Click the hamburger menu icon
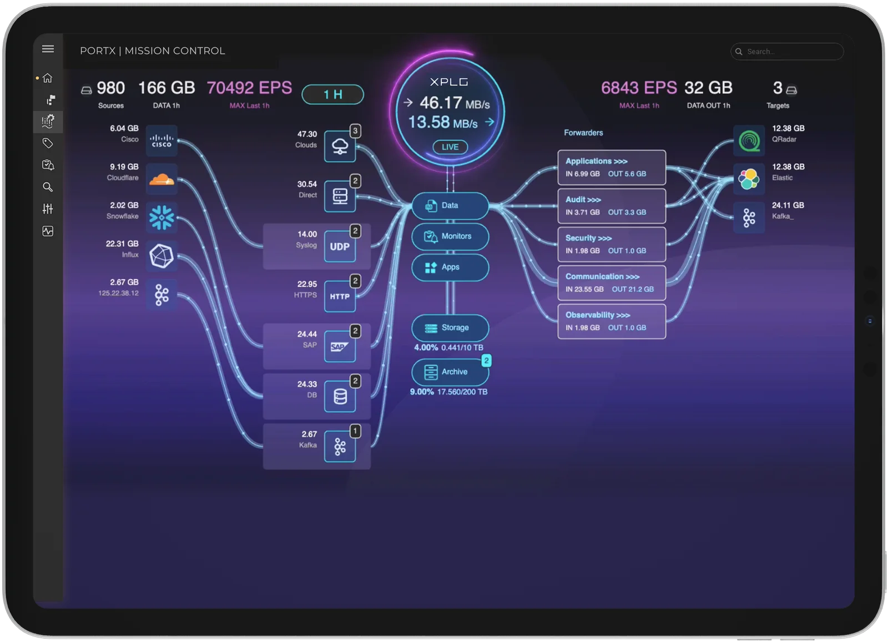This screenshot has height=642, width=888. pos(48,49)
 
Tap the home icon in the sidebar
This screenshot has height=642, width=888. pos(48,78)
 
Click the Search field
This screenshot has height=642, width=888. pos(787,52)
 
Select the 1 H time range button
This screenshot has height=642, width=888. pos(332,94)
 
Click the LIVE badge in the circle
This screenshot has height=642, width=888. pos(450,147)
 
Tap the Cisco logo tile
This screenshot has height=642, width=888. pos(162,141)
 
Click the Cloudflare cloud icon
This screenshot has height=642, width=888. pos(162,179)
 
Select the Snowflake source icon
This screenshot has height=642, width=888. pos(162,218)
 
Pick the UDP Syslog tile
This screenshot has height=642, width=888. pos(340,246)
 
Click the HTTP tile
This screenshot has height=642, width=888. pos(340,296)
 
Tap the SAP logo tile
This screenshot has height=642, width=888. pos(340,346)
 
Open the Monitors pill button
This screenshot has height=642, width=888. pos(450,236)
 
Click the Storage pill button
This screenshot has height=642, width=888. pos(450,328)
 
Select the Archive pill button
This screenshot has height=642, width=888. pos(450,372)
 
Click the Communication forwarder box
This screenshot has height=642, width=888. pos(612,283)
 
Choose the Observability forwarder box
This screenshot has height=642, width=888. pos(612,321)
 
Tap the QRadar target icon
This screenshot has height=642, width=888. pos(749,141)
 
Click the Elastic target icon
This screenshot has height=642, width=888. pos(749,179)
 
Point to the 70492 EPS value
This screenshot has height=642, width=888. pos(249,88)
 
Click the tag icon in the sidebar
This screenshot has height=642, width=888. pos(48,143)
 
